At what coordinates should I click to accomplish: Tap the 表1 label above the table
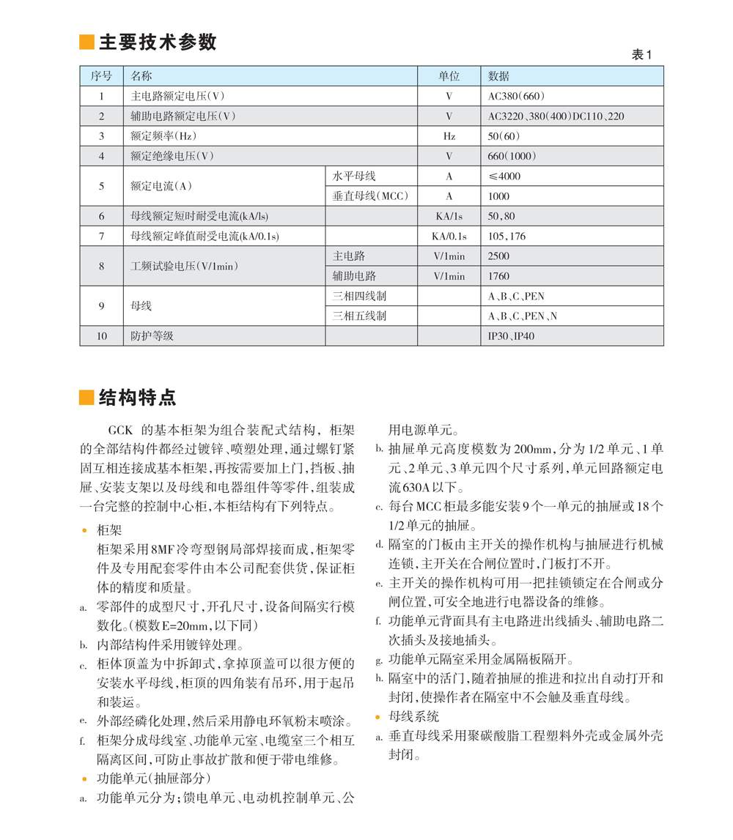641,56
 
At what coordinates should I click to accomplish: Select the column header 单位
449,76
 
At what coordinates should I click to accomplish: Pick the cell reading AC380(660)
516,96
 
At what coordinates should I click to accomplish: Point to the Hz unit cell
449,136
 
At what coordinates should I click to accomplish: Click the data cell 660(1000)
512,156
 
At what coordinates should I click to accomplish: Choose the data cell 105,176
507,237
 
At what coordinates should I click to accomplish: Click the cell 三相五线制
359,316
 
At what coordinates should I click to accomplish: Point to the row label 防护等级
151,336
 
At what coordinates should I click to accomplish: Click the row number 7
102,237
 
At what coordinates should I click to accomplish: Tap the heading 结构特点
138,398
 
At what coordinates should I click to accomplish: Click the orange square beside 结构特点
86,398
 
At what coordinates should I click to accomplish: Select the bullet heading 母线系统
414,716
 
